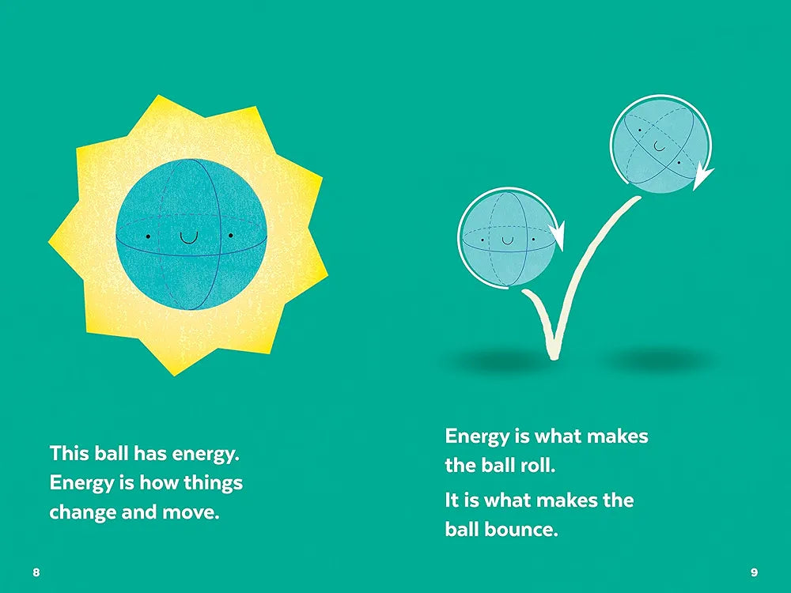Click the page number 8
[x=36, y=572]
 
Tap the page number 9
[x=754, y=572]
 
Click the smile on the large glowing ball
[x=189, y=238]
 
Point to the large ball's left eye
[x=149, y=236]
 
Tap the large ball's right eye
[x=230, y=236]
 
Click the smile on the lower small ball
[x=507, y=241]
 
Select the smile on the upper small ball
[x=660, y=147]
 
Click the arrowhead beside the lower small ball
[x=557, y=235]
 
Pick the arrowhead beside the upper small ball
[x=702, y=176]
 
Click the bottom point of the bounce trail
[x=554, y=357]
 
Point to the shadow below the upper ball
[x=657, y=359]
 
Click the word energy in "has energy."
[x=206, y=455]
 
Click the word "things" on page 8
[x=213, y=483]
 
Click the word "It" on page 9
[x=451, y=500]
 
